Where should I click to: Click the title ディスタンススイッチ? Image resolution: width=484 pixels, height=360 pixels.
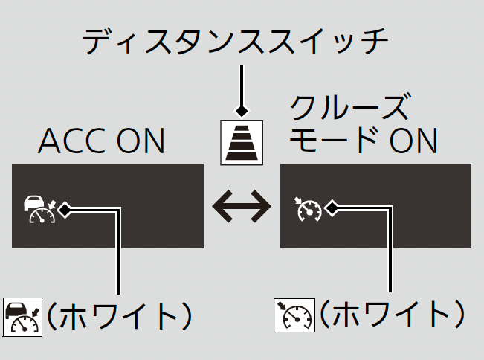(235, 42)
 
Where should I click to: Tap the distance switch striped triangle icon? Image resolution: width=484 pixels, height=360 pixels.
(242, 141)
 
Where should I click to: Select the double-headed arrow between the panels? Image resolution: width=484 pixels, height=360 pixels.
(242, 207)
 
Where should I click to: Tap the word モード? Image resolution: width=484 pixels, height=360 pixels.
(327, 141)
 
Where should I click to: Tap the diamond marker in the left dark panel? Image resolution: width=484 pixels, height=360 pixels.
(65, 209)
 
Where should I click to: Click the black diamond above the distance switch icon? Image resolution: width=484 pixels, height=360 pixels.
(242, 111)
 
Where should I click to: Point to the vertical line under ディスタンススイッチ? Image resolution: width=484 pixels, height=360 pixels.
(242, 86)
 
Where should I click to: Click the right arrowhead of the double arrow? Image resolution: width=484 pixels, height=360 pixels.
(263, 207)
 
